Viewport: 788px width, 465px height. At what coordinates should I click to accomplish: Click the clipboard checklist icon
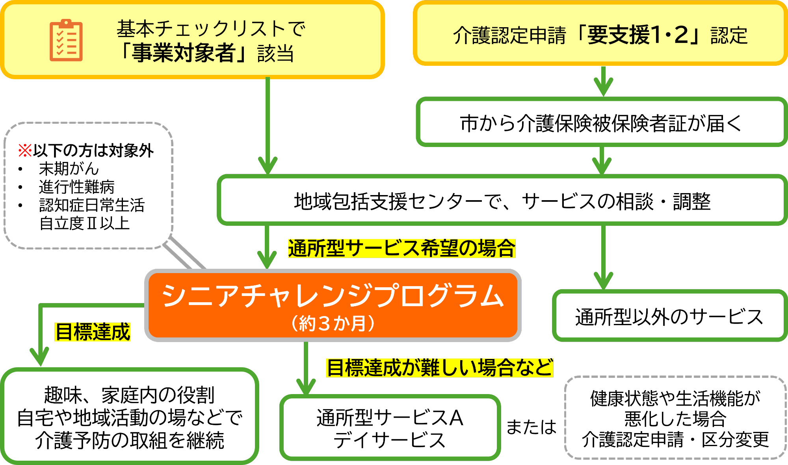pyautogui.click(x=66, y=40)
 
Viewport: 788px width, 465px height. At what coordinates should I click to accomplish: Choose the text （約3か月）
pyautogui.click(x=333, y=324)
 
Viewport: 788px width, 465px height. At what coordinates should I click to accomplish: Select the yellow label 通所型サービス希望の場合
pyautogui.click(x=401, y=248)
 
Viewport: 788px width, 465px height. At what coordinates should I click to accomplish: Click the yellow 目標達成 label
pyautogui.click(x=92, y=331)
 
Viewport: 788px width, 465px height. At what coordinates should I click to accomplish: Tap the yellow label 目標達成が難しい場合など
pyautogui.click(x=439, y=367)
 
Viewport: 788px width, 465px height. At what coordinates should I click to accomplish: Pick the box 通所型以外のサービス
pyautogui.click(x=669, y=316)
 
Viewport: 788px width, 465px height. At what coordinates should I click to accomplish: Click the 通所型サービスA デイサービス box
pyautogui.click(x=390, y=428)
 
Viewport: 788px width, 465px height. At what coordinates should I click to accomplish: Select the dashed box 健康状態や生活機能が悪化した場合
pyautogui.click(x=675, y=418)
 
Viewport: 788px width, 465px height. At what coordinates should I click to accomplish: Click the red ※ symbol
pyautogui.click(x=25, y=151)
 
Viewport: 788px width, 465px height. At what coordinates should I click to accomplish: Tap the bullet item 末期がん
pyautogui.click(x=69, y=169)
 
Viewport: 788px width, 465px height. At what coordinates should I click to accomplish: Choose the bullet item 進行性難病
pyautogui.click(x=76, y=187)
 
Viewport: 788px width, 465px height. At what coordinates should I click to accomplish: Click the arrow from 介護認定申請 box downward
pyautogui.click(x=603, y=81)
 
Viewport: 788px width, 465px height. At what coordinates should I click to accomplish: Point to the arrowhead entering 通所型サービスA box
pyautogui.click(x=306, y=386)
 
